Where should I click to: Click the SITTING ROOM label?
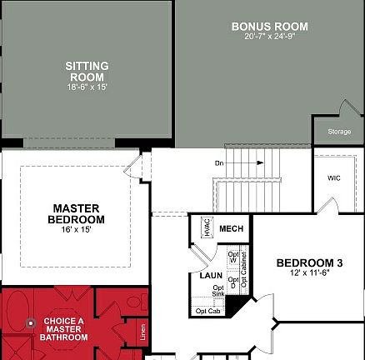[87, 72]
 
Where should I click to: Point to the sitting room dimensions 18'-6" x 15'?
[87, 87]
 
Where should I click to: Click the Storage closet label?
[339, 132]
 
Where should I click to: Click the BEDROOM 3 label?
[309, 263]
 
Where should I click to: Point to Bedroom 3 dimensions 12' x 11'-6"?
[309, 274]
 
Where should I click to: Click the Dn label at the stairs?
[219, 162]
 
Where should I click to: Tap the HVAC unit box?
[207, 228]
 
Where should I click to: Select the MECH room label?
[230, 228]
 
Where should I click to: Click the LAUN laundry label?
[210, 274]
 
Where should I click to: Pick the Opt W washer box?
[233, 255]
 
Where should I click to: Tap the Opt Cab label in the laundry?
[207, 311]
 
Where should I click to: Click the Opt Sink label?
[218, 290]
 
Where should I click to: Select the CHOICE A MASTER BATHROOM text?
[63, 328]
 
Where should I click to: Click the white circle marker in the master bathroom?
[31, 321]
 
